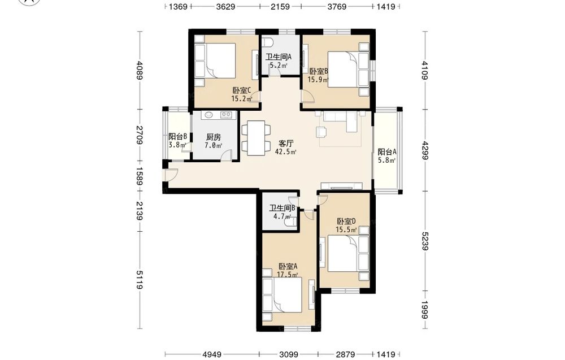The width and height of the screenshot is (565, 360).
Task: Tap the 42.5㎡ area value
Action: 285,152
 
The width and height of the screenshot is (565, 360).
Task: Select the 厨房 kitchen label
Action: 214,137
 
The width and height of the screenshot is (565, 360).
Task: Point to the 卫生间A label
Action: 278,57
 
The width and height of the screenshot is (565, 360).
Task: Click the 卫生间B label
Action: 282,208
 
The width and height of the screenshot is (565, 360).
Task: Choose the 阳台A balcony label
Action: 387,152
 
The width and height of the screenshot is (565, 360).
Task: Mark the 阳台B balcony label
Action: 177,137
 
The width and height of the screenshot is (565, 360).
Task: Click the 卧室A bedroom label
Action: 288,266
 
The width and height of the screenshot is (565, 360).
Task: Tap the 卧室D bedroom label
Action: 346,222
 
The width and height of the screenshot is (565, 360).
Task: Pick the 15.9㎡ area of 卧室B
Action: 318,80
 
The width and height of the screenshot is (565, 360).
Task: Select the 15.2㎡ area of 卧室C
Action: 241,99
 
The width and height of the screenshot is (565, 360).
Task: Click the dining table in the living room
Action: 256,138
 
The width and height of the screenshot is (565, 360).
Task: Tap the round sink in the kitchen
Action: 209,115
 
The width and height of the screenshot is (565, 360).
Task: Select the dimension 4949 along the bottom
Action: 212,354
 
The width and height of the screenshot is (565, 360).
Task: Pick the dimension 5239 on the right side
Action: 425,241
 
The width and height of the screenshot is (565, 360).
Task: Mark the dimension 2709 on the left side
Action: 140,135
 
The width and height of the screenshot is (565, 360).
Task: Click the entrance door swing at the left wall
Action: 169,175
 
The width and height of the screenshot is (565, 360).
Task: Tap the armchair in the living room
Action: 321,132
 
